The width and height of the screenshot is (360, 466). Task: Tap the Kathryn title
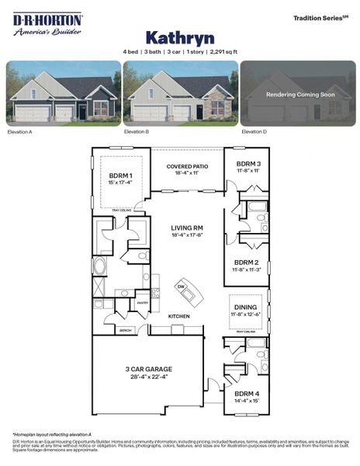point(179,37)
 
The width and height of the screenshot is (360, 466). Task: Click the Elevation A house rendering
point(64,93)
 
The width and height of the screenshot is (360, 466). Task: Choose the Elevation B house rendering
point(179,93)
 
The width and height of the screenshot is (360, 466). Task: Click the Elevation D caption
point(253,132)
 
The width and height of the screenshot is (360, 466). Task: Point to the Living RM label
point(187,228)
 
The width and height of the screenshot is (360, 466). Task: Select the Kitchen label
point(179,316)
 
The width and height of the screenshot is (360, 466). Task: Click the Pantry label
point(142,303)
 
